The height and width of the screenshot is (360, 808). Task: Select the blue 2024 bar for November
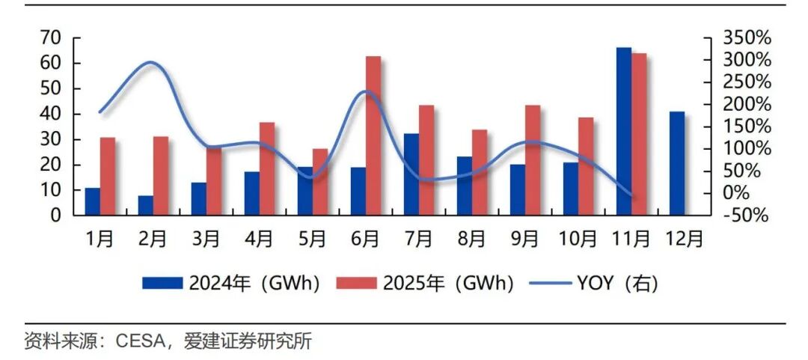pyautogui.click(x=624, y=132)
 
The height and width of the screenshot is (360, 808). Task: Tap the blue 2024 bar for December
pyautogui.click(x=677, y=163)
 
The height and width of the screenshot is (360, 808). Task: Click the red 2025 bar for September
pyautogui.click(x=533, y=160)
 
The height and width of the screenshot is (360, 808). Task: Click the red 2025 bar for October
pyautogui.click(x=586, y=166)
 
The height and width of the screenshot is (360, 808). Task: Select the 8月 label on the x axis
pyautogui.click(x=472, y=239)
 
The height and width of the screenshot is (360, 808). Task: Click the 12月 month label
pyautogui.click(x=685, y=239)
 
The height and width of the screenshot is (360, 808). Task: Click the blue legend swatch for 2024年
pyautogui.click(x=162, y=284)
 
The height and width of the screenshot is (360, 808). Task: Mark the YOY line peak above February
pyautogui.click(x=151, y=63)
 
